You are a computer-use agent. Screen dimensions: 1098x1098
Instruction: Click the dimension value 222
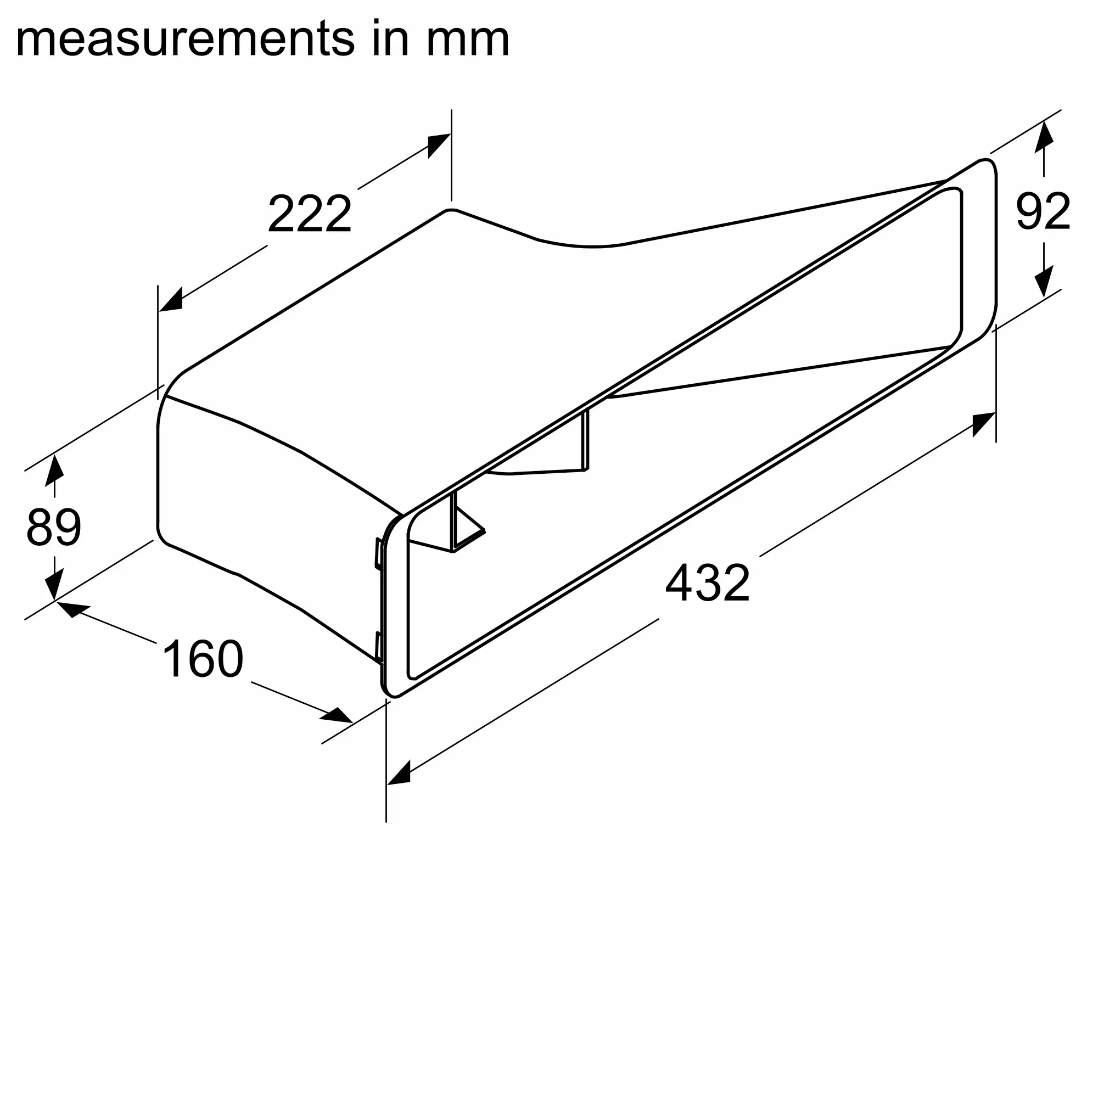point(310,214)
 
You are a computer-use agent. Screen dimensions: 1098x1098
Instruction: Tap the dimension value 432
point(708,583)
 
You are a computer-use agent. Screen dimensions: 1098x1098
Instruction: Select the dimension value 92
point(1043,211)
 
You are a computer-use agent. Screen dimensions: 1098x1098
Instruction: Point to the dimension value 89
point(54,528)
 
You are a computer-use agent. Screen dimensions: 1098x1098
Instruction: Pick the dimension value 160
point(203,659)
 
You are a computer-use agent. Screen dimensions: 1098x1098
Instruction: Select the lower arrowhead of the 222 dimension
point(171,300)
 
